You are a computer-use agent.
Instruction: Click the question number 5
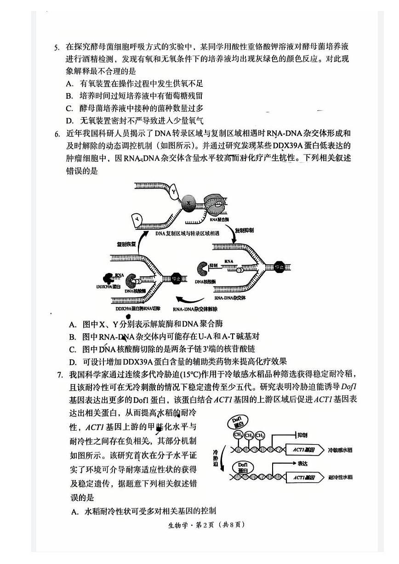point(57,47)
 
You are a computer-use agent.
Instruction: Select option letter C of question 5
point(70,108)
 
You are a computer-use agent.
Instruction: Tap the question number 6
point(57,134)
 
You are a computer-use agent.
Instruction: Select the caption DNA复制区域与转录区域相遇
point(187,233)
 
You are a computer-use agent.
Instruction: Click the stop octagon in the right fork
point(279,267)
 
